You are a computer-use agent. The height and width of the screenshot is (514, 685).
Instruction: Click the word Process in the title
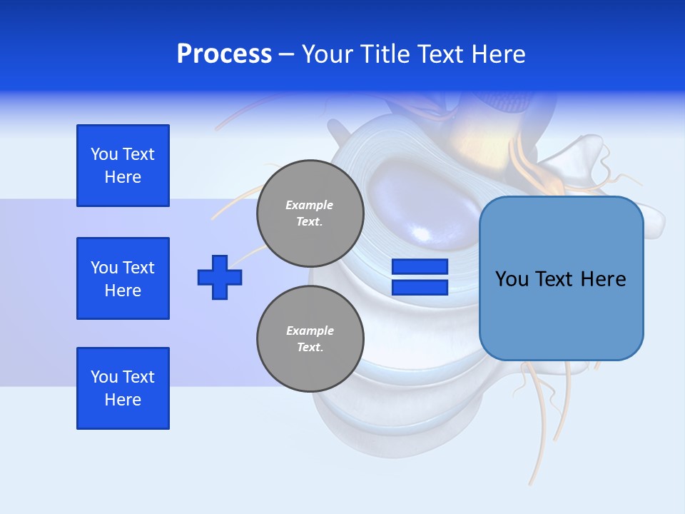tap(224, 54)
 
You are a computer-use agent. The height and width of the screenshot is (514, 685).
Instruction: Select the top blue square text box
tap(123, 166)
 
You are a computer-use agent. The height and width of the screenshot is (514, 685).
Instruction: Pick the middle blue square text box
tap(123, 278)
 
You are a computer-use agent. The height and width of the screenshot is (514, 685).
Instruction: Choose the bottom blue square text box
tap(123, 388)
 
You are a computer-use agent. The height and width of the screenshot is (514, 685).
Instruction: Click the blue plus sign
tap(220, 277)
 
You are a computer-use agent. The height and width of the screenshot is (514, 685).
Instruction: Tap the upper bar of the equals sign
tap(420, 267)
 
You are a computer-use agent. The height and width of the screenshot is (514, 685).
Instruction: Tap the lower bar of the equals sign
tap(420, 287)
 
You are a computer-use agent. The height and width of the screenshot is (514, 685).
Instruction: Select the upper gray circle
tap(310, 213)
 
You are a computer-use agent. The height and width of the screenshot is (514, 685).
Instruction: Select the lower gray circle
tap(310, 339)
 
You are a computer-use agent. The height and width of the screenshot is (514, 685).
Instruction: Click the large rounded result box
tap(562, 278)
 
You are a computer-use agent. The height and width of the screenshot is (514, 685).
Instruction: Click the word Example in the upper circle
tap(310, 205)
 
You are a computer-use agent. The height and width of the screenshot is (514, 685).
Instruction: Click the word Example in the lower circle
tap(310, 331)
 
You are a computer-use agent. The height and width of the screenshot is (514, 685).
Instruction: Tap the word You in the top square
tap(104, 154)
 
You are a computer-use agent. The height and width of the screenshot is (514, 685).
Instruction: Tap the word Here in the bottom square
tap(123, 400)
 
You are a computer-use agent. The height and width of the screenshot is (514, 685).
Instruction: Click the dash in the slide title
tap(286, 54)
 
